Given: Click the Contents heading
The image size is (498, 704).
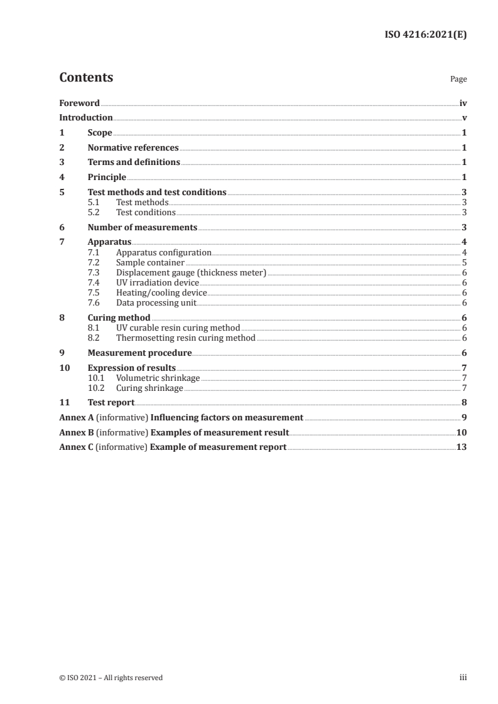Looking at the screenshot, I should pyautogui.click(x=86, y=78).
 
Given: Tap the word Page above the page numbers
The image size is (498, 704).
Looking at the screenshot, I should pyautogui.click(x=458, y=80).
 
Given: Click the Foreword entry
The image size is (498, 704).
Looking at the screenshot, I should pyautogui.click(x=79, y=103).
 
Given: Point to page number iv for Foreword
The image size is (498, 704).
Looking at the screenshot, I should pyautogui.click(x=462, y=103).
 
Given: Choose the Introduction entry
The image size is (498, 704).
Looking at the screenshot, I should pyautogui.click(x=86, y=118).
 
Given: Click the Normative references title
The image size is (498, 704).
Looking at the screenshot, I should pyautogui.click(x=133, y=148).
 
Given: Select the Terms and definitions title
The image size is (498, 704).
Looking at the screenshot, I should pyautogui.click(x=134, y=163).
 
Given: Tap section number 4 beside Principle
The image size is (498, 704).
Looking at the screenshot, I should pyautogui.click(x=62, y=178).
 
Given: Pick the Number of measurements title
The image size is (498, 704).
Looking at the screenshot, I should pyautogui.click(x=143, y=227).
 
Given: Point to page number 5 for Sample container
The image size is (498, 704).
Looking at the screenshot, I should pyautogui.click(x=463, y=262).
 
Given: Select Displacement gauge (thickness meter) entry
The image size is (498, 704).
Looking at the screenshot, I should pyautogui.click(x=191, y=272).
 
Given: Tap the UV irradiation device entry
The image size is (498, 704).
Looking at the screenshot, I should pyautogui.click(x=157, y=282).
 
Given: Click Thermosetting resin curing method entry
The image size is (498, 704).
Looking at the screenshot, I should pyautogui.click(x=185, y=338).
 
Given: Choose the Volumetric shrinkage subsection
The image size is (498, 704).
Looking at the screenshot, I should pyautogui.click(x=158, y=378).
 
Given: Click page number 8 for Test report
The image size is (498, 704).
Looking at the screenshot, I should pyautogui.click(x=463, y=402).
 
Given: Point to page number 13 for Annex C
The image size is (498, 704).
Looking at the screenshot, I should pyautogui.click(x=461, y=447).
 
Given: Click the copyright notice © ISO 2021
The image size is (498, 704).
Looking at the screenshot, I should pyautogui.click(x=111, y=678).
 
